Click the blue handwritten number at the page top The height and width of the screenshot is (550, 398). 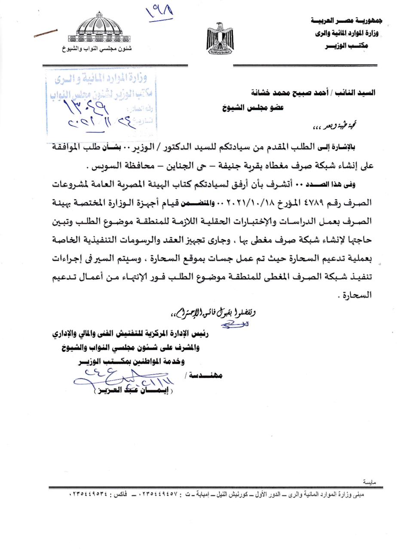[x=159, y=12]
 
